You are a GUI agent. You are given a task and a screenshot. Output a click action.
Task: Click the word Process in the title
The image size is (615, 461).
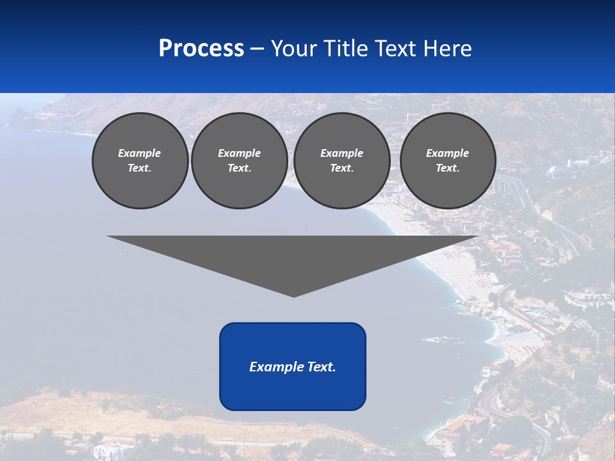201,49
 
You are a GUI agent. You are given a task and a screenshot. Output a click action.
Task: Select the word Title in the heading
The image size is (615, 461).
346,49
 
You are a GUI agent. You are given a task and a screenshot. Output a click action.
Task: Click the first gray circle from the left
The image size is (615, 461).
140,161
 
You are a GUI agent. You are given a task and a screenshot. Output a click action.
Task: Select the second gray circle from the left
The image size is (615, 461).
240,161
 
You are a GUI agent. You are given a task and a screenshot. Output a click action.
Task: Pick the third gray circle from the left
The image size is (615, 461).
342,161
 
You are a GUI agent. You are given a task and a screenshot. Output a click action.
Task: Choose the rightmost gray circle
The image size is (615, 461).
448,161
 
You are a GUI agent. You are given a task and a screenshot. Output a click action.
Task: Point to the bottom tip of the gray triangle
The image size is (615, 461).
293,295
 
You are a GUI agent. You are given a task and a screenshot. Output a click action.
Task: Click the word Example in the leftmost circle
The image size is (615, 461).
140,153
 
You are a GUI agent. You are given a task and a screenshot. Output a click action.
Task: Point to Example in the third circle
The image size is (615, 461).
342,153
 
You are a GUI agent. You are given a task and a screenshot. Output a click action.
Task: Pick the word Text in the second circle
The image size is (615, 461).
238,168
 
